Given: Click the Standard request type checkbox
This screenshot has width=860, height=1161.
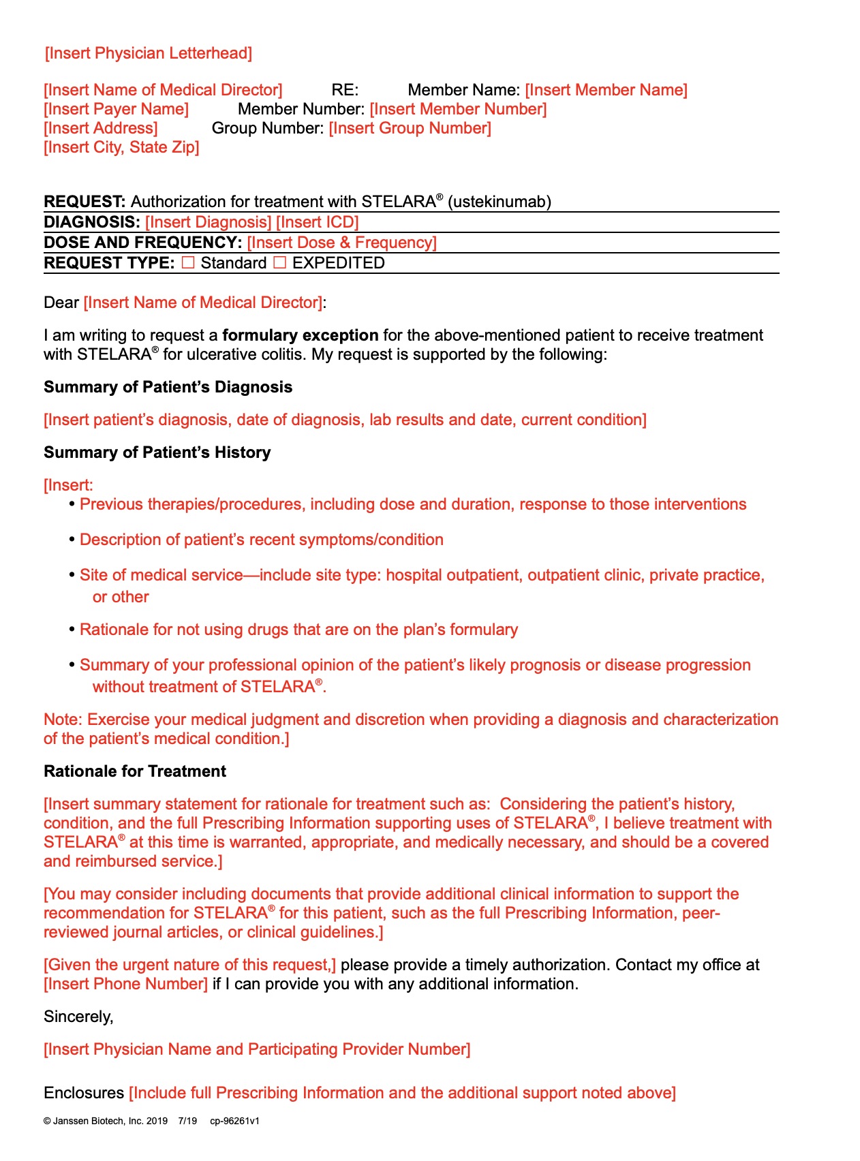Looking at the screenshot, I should [x=188, y=263].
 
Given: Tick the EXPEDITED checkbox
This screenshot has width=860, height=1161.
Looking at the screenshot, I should [x=279, y=263].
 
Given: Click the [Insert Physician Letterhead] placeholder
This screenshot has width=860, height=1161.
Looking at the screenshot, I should [x=149, y=53].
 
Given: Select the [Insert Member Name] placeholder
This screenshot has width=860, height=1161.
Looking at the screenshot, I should [x=606, y=90].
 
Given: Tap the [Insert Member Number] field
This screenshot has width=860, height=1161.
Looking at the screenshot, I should [x=458, y=109].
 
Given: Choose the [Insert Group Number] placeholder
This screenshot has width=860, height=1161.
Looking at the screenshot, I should [x=410, y=128].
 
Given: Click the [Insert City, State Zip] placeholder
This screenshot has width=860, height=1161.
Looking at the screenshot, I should [x=121, y=147].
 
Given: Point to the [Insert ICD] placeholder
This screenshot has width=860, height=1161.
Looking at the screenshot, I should [x=317, y=222].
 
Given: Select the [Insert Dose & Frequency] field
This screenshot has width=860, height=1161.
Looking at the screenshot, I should [x=341, y=243].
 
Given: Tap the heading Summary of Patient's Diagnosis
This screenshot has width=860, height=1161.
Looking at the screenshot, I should [x=168, y=387].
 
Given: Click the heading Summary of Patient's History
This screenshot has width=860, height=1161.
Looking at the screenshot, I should [x=157, y=452].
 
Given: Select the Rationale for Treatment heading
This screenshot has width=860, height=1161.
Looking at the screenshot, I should [x=135, y=771].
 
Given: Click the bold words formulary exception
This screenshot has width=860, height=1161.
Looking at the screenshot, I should [x=301, y=335].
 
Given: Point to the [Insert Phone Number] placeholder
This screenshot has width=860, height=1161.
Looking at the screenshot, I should [x=126, y=984].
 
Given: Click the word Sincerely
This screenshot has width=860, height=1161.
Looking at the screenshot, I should [x=78, y=1017].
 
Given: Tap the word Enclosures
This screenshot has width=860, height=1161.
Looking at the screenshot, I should [x=84, y=1093].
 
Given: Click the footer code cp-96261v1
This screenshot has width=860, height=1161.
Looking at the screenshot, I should [x=234, y=1121].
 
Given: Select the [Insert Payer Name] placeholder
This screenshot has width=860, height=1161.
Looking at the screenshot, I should [x=116, y=109].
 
